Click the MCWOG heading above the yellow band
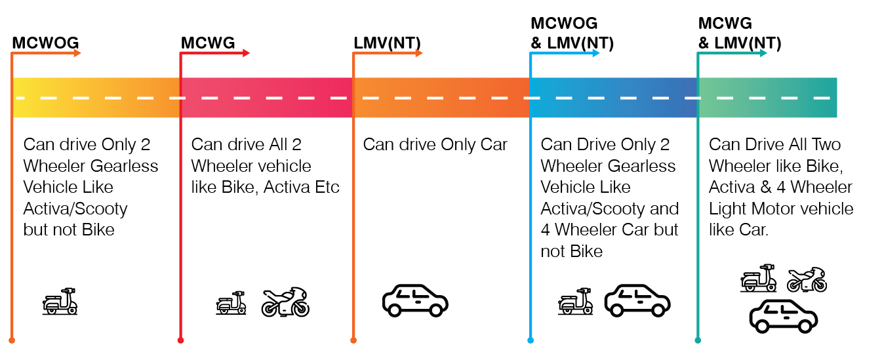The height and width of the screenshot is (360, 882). click(45, 43)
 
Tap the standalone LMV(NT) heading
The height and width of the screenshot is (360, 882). click(387, 43)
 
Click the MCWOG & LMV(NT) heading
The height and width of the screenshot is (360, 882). click(572, 33)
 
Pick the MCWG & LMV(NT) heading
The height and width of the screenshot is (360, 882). click(740, 33)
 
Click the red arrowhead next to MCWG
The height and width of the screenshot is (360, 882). click(246, 52)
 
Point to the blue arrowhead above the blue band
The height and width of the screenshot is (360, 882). click(596, 52)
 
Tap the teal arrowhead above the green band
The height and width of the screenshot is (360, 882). click(763, 52)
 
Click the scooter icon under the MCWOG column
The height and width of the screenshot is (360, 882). click(60, 302)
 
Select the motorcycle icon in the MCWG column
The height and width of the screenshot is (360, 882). click(285, 302)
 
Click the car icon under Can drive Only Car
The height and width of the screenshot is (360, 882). click(415, 300)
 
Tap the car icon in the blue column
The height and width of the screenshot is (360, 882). click(637, 300)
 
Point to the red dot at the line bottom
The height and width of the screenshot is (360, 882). click(180, 340)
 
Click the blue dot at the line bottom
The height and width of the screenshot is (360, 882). click(531, 340)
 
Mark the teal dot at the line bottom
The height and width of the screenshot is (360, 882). click(698, 340)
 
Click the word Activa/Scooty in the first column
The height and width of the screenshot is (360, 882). click(75, 209)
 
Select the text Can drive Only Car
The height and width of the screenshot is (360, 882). click(435, 145)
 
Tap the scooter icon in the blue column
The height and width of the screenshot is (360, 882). click(575, 302)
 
